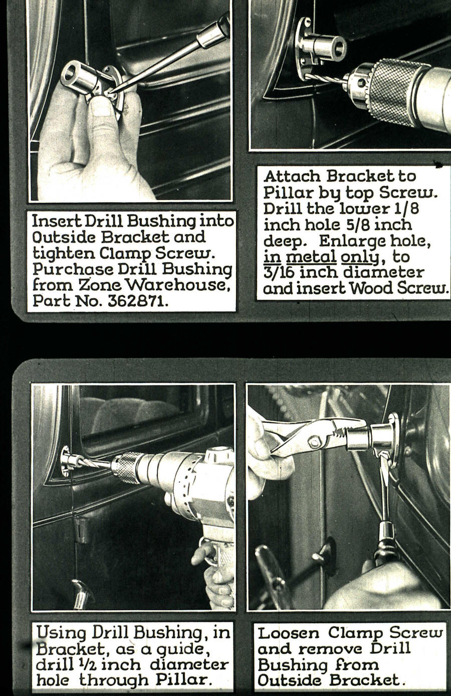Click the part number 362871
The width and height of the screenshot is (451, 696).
click(x=138, y=301)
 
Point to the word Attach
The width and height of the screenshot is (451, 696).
click(x=292, y=177)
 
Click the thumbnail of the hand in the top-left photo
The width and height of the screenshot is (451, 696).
click(x=103, y=106)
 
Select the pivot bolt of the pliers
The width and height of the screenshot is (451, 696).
click(x=315, y=443)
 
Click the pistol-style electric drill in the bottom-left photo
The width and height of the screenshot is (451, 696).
click(x=190, y=481)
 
